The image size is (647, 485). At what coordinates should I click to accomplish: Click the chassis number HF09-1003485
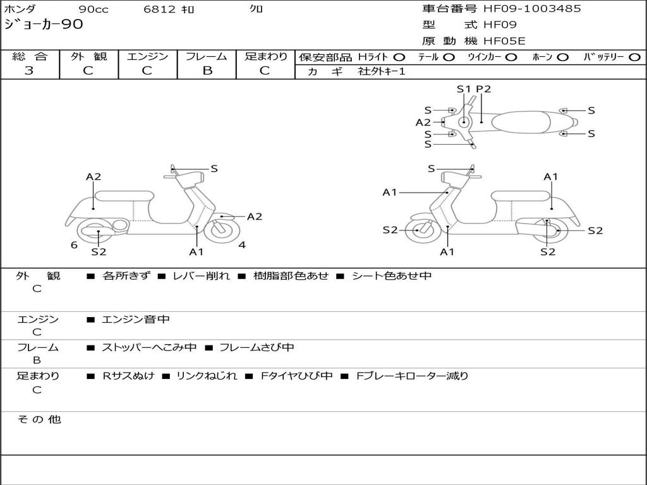[x=532, y=8]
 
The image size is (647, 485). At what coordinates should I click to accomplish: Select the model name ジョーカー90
[x=44, y=25]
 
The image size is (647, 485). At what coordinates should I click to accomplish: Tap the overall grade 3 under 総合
[x=29, y=71]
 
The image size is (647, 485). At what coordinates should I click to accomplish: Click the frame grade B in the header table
[x=207, y=71]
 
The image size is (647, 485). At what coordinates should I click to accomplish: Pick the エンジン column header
[x=148, y=56]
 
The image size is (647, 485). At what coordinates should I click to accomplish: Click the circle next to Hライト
[x=399, y=57]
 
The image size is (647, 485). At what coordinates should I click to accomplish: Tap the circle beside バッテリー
[x=634, y=57]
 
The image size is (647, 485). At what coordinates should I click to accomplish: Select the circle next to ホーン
[x=562, y=57]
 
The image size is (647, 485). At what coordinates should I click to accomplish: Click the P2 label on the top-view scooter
[x=483, y=88]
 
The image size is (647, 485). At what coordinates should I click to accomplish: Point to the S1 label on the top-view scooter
[x=464, y=88]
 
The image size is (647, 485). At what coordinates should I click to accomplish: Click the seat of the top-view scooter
[x=521, y=122]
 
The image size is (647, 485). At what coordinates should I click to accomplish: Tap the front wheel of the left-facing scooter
[x=222, y=231]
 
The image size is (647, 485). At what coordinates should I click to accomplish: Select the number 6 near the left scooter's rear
[x=74, y=245]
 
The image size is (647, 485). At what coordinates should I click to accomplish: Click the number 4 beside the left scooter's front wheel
[x=242, y=245]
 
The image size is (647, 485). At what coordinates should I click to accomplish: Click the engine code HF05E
[x=504, y=41]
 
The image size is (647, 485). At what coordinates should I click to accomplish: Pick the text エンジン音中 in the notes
[x=136, y=319]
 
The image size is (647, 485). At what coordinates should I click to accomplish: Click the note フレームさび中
[x=257, y=347]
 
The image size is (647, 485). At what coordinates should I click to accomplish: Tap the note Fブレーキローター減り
[x=412, y=376]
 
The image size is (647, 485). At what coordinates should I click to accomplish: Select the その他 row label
[x=39, y=419]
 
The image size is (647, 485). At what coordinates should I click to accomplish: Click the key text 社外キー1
[x=382, y=71]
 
